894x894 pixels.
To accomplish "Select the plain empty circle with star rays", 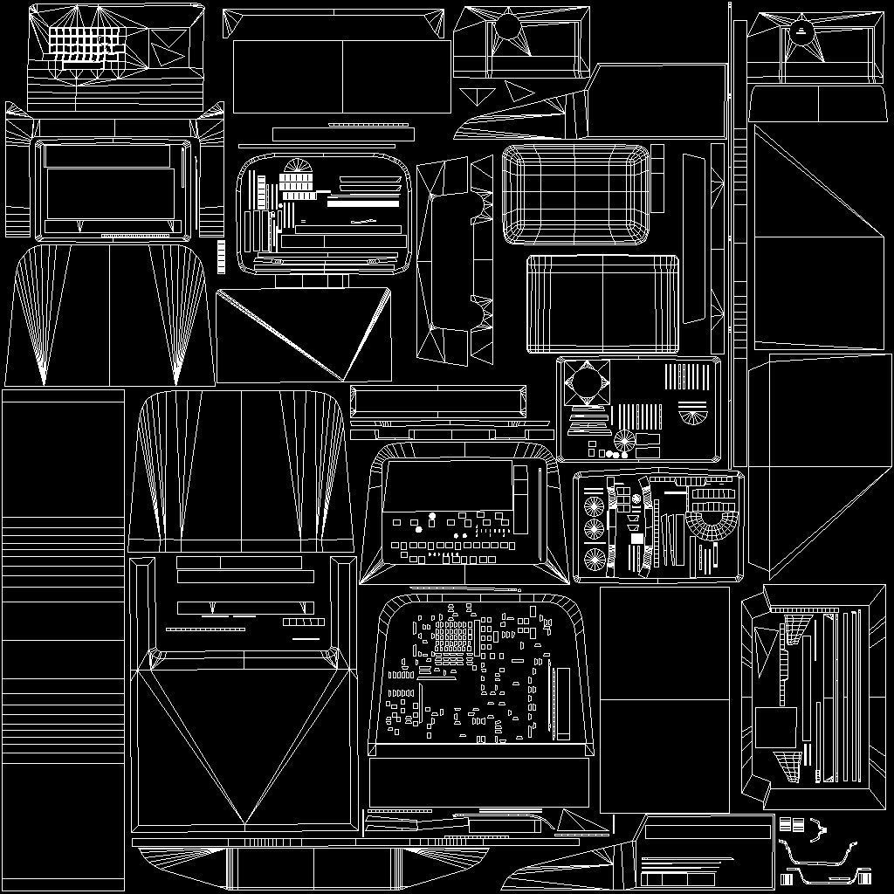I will [507, 29].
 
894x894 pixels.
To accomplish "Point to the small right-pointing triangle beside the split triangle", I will [519, 91].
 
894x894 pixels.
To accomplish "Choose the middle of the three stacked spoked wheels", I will [595, 529].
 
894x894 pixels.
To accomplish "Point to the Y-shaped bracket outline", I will [818, 830].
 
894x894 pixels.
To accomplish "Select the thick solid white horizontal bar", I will [362, 203].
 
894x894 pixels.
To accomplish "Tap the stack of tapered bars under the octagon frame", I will [588, 423].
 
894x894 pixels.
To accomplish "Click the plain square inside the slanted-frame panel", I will [775, 726].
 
